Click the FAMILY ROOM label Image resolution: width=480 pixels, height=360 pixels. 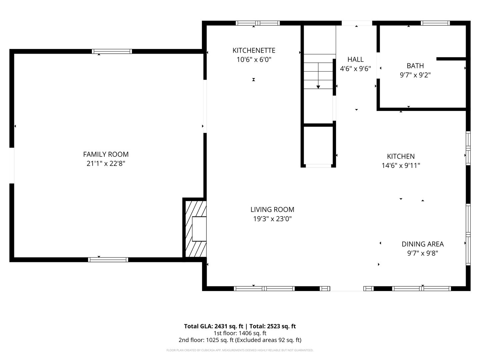[x=106, y=154]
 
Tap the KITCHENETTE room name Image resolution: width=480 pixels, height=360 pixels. [x=254, y=50]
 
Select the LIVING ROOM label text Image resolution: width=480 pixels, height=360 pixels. [x=272, y=210]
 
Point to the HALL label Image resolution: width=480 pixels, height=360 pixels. [x=355, y=59]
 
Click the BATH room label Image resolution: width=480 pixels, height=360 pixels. [x=415, y=66]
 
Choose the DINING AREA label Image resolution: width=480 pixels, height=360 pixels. [x=422, y=244]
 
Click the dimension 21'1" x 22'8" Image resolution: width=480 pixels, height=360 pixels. [x=106, y=164]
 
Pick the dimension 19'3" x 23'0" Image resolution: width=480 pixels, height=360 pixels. [x=272, y=219]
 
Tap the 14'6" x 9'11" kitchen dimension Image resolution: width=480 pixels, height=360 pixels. [x=401, y=165]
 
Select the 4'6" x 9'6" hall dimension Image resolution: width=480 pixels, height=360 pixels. [x=355, y=69]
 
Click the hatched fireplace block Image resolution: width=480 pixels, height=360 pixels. [x=195, y=228]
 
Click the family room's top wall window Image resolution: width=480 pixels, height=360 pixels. [x=112, y=51]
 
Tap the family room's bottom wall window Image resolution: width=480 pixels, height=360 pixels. [x=108, y=260]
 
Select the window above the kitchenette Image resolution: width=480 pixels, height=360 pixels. [x=257, y=23]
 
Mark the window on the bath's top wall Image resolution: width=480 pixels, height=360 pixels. [x=435, y=23]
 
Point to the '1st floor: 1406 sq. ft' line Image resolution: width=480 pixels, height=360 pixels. [x=240, y=333]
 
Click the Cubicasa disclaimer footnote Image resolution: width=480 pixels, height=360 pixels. [x=240, y=350]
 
